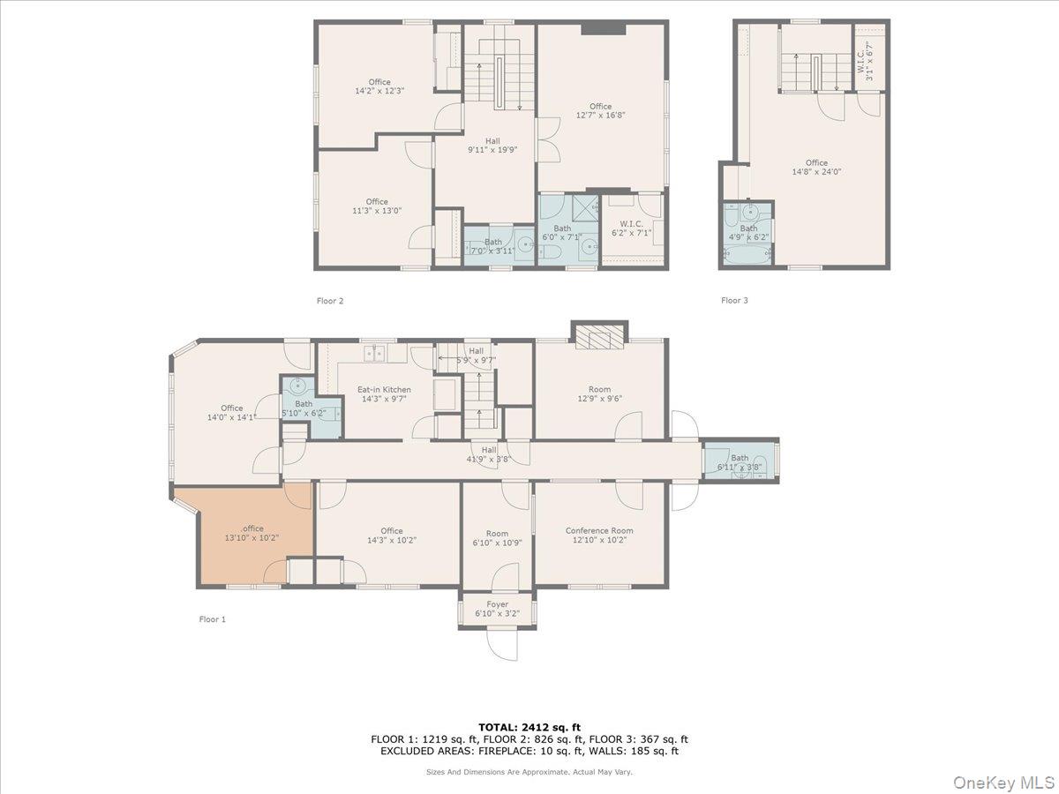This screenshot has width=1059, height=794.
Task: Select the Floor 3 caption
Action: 734,301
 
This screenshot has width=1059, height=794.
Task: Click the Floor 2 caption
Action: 330,301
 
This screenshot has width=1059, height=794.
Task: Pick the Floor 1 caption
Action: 212,619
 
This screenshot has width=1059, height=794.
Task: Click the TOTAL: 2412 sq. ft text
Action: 529,726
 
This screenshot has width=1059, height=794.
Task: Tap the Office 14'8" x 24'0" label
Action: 816,167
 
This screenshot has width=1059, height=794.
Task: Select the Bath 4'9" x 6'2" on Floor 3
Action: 748,233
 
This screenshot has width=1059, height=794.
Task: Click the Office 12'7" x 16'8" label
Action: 600,110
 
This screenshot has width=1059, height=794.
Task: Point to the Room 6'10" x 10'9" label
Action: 497,538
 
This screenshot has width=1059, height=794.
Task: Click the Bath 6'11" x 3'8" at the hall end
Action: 740,462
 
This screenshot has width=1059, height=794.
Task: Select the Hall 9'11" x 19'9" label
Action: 492,145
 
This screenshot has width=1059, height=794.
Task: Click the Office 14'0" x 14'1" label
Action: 231,412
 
